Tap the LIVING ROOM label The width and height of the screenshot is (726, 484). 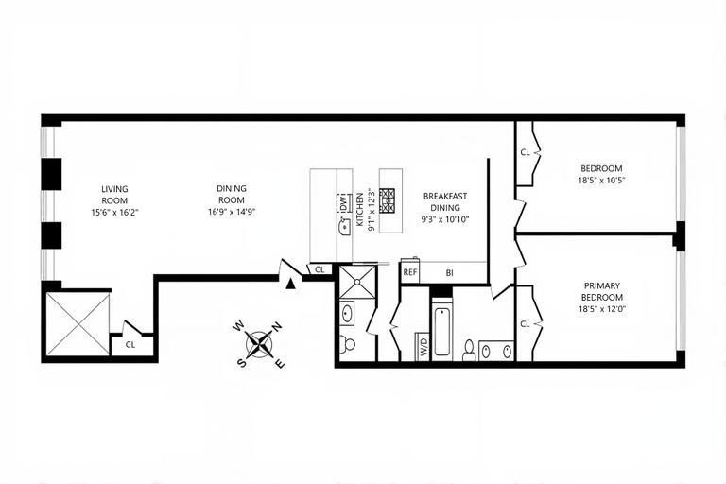pyautogui.click(x=114, y=195)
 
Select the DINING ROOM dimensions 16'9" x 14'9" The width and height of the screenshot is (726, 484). pyautogui.click(x=232, y=213)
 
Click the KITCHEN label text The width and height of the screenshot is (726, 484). pyautogui.click(x=360, y=211)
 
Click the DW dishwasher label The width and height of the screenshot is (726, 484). pyautogui.click(x=343, y=201)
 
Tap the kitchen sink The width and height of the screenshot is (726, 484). pyautogui.click(x=343, y=227)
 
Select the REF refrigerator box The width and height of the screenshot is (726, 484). pyautogui.click(x=410, y=271)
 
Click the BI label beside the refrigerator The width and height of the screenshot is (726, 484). pyautogui.click(x=450, y=272)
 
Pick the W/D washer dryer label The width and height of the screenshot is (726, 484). pyautogui.click(x=422, y=346)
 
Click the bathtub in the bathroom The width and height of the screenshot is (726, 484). pyautogui.click(x=441, y=331)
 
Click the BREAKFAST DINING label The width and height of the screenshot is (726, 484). pyautogui.click(x=445, y=201)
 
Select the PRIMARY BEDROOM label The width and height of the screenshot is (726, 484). pyautogui.click(x=602, y=291)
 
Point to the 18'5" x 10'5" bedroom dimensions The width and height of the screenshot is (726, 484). pyautogui.click(x=602, y=180)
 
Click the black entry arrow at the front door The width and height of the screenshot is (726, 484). pyautogui.click(x=292, y=282)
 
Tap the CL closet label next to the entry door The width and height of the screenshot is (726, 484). pyautogui.click(x=320, y=269)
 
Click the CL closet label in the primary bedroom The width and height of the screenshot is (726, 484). pyautogui.click(x=525, y=324)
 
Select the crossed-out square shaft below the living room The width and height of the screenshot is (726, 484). pyautogui.click(x=78, y=323)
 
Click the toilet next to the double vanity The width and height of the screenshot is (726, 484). pyautogui.click(x=469, y=350)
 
